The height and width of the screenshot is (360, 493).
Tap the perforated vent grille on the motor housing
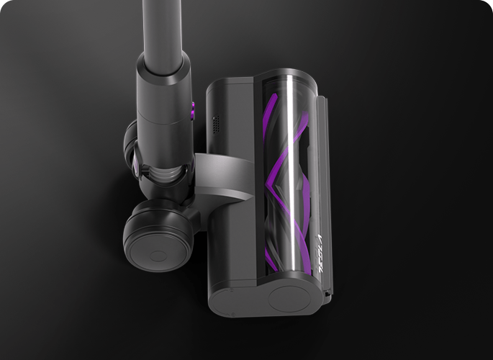coord(214,123)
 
